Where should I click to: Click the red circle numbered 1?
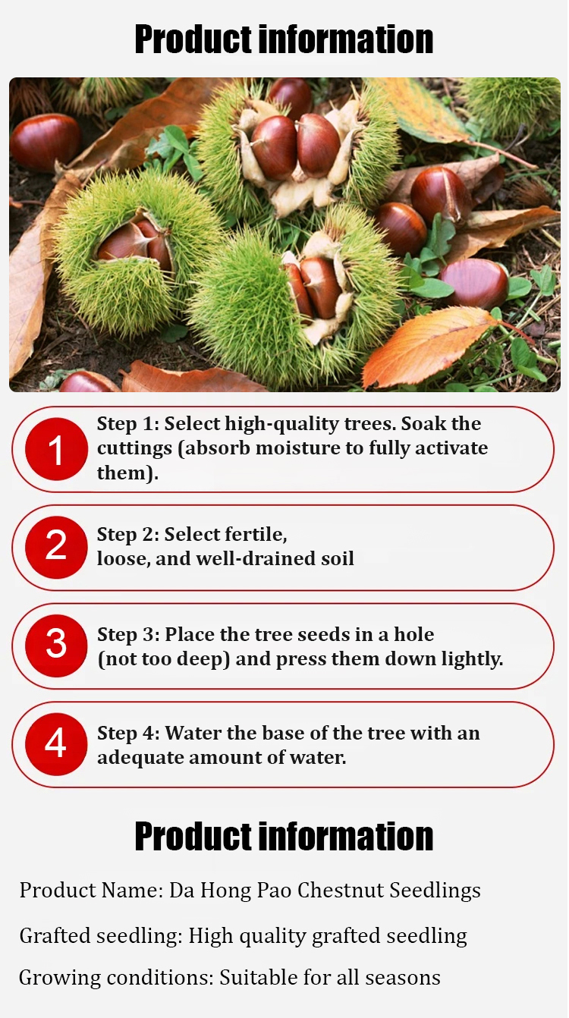pyautogui.click(x=56, y=449)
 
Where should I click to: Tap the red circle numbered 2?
pyautogui.click(x=56, y=547)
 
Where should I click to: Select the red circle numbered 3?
pyautogui.click(x=56, y=646)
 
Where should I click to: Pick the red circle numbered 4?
pyautogui.click(x=56, y=744)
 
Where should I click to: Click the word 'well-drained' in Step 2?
pyautogui.click(x=256, y=559)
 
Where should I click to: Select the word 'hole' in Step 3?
pyautogui.click(x=413, y=634)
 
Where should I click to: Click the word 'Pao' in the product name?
pyautogui.click(x=274, y=890)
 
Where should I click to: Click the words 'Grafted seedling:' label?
pyautogui.click(x=101, y=936)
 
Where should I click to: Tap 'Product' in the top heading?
pyautogui.click(x=193, y=40)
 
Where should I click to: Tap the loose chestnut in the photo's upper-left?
pyautogui.click(x=46, y=142)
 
